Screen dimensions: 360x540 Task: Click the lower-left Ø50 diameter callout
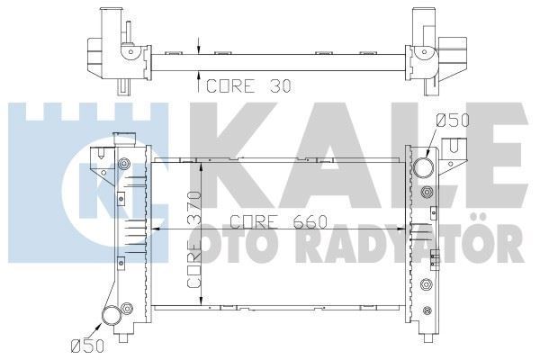(x=86, y=343)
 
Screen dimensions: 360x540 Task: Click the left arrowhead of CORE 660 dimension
(x=154, y=230)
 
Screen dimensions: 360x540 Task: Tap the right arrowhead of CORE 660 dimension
(x=404, y=230)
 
